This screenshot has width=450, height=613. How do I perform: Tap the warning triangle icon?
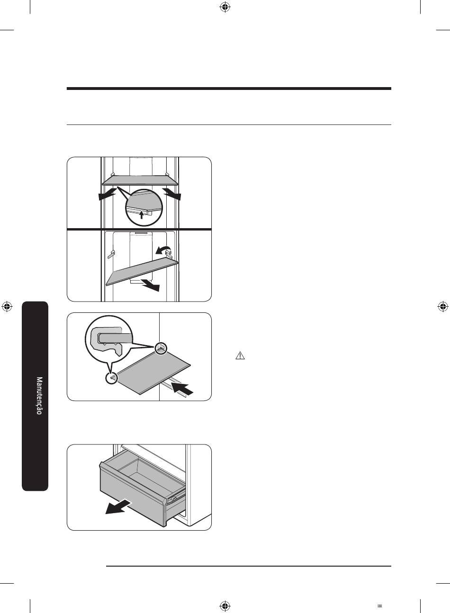tap(240, 355)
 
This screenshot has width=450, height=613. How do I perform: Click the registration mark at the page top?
tap(225, 7)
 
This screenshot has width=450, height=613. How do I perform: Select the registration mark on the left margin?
tap(7, 307)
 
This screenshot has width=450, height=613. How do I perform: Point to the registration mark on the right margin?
tap(443, 307)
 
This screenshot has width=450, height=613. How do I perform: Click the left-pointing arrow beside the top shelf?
tap(107, 194)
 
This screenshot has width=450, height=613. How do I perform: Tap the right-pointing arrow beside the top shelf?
tap(172, 194)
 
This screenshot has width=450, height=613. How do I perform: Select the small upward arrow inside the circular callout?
tap(141, 214)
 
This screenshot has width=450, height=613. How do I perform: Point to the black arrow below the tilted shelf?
tap(150, 285)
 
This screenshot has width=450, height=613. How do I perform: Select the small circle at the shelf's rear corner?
tap(161, 348)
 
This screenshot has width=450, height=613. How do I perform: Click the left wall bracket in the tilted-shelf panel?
tap(111, 254)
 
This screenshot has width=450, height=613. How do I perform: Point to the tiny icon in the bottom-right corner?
tap(379, 606)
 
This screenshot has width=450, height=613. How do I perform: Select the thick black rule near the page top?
tap(229, 89)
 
